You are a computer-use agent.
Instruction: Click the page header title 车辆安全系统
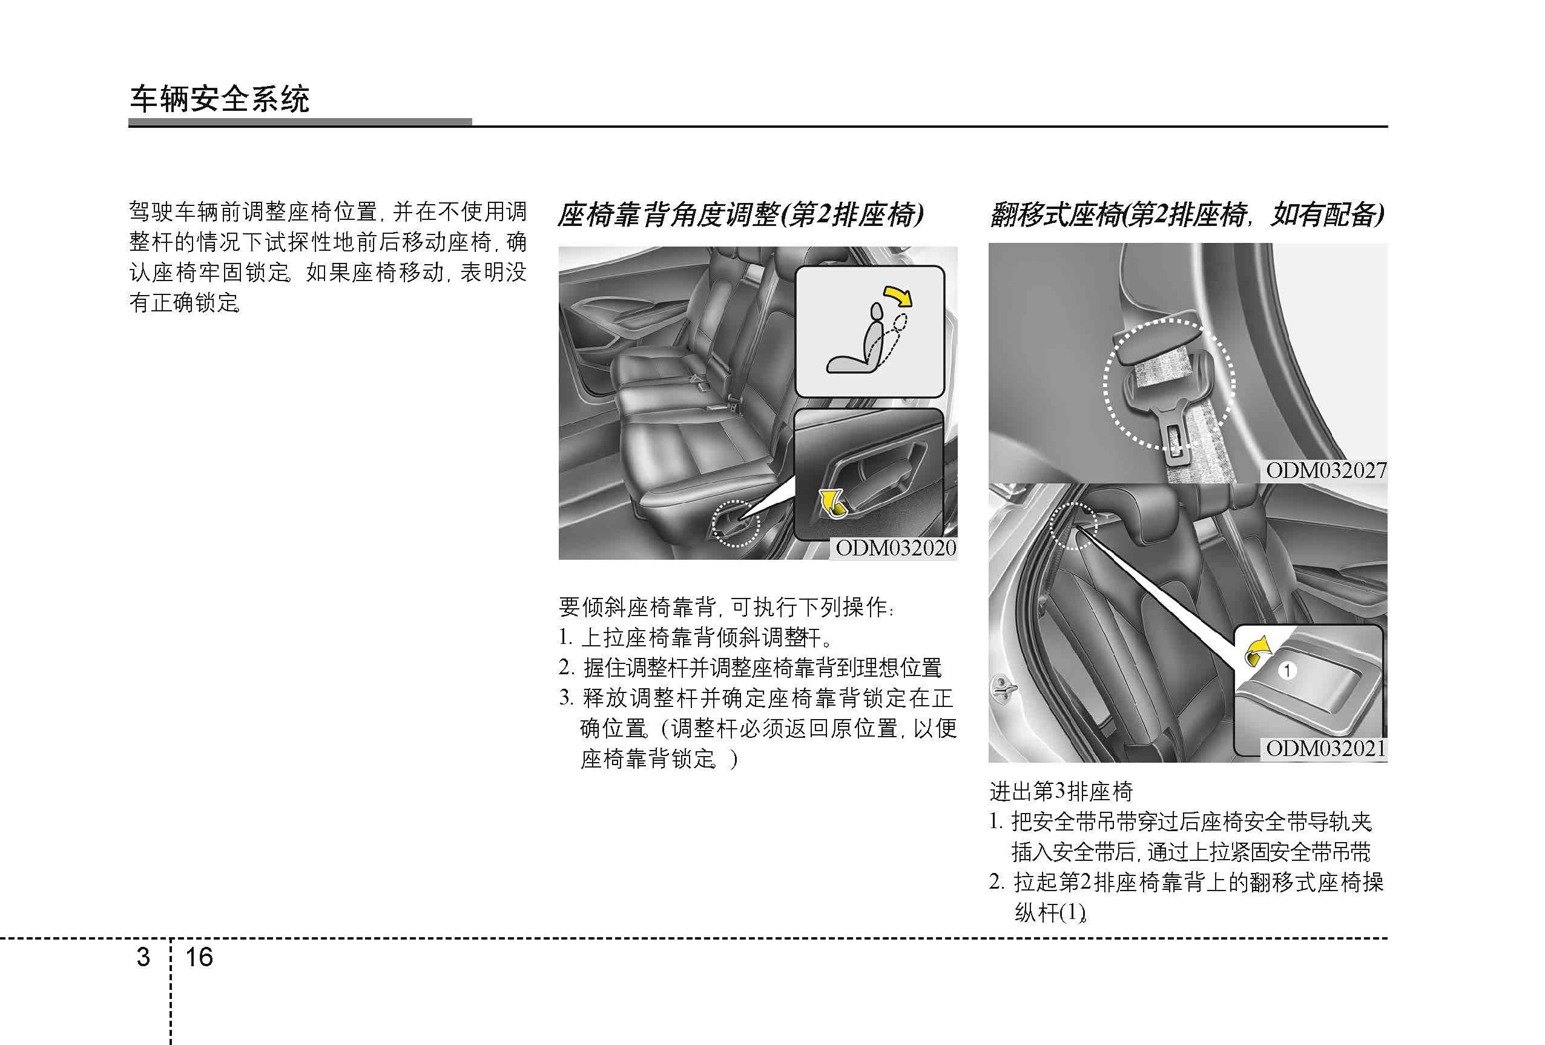tap(219, 100)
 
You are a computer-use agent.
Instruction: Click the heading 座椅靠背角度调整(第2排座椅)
tap(740, 215)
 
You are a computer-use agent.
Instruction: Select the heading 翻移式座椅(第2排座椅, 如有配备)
tap(1187, 215)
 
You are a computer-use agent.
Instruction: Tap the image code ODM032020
tap(895, 548)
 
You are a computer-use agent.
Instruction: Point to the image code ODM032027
tap(1326, 471)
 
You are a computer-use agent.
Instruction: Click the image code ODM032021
tap(1326, 748)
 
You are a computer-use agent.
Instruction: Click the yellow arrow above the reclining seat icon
tap(897, 296)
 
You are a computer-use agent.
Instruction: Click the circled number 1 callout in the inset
tap(1288, 671)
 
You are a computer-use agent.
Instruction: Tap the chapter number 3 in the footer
tap(143, 957)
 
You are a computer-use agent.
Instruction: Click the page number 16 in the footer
tap(199, 957)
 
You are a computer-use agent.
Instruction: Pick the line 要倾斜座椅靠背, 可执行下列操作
tap(726, 606)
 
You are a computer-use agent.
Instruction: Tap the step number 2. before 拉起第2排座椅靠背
tap(997, 882)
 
